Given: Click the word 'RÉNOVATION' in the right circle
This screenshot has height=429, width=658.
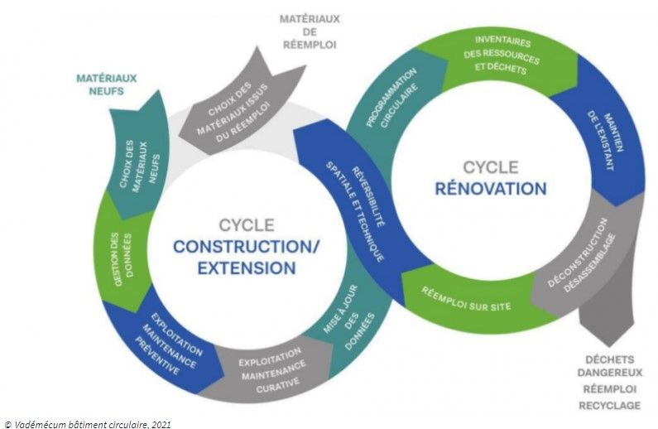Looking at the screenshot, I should tap(491, 188).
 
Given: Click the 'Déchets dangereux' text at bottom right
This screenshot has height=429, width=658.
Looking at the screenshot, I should tap(608, 367).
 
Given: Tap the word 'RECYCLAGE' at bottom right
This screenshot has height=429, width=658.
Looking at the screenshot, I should tap(608, 405).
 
